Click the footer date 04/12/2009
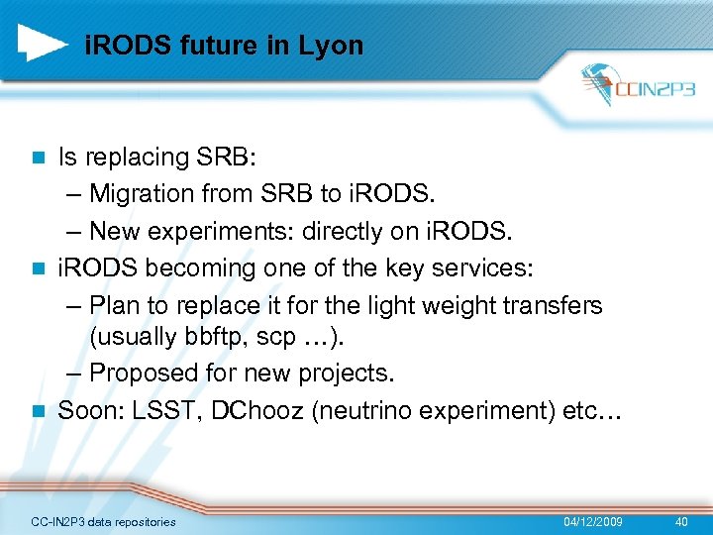coord(593,521)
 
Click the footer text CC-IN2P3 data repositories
coord(103,521)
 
